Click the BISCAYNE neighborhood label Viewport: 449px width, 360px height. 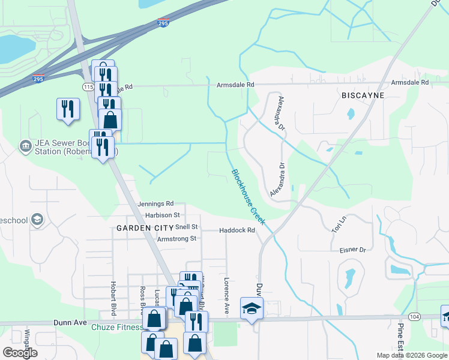click(x=363, y=96)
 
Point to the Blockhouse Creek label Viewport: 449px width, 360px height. click(x=248, y=197)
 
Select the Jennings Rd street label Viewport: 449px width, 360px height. click(x=155, y=204)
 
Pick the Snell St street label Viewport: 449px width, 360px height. click(x=187, y=227)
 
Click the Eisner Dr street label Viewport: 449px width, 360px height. click(x=352, y=250)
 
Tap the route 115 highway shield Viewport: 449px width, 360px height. click(x=88, y=87)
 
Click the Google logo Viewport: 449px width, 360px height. click(x=20, y=353)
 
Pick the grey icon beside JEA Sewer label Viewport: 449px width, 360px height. click(x=25, y=146)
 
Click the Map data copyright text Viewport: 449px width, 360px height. click(x=412, y=355)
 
